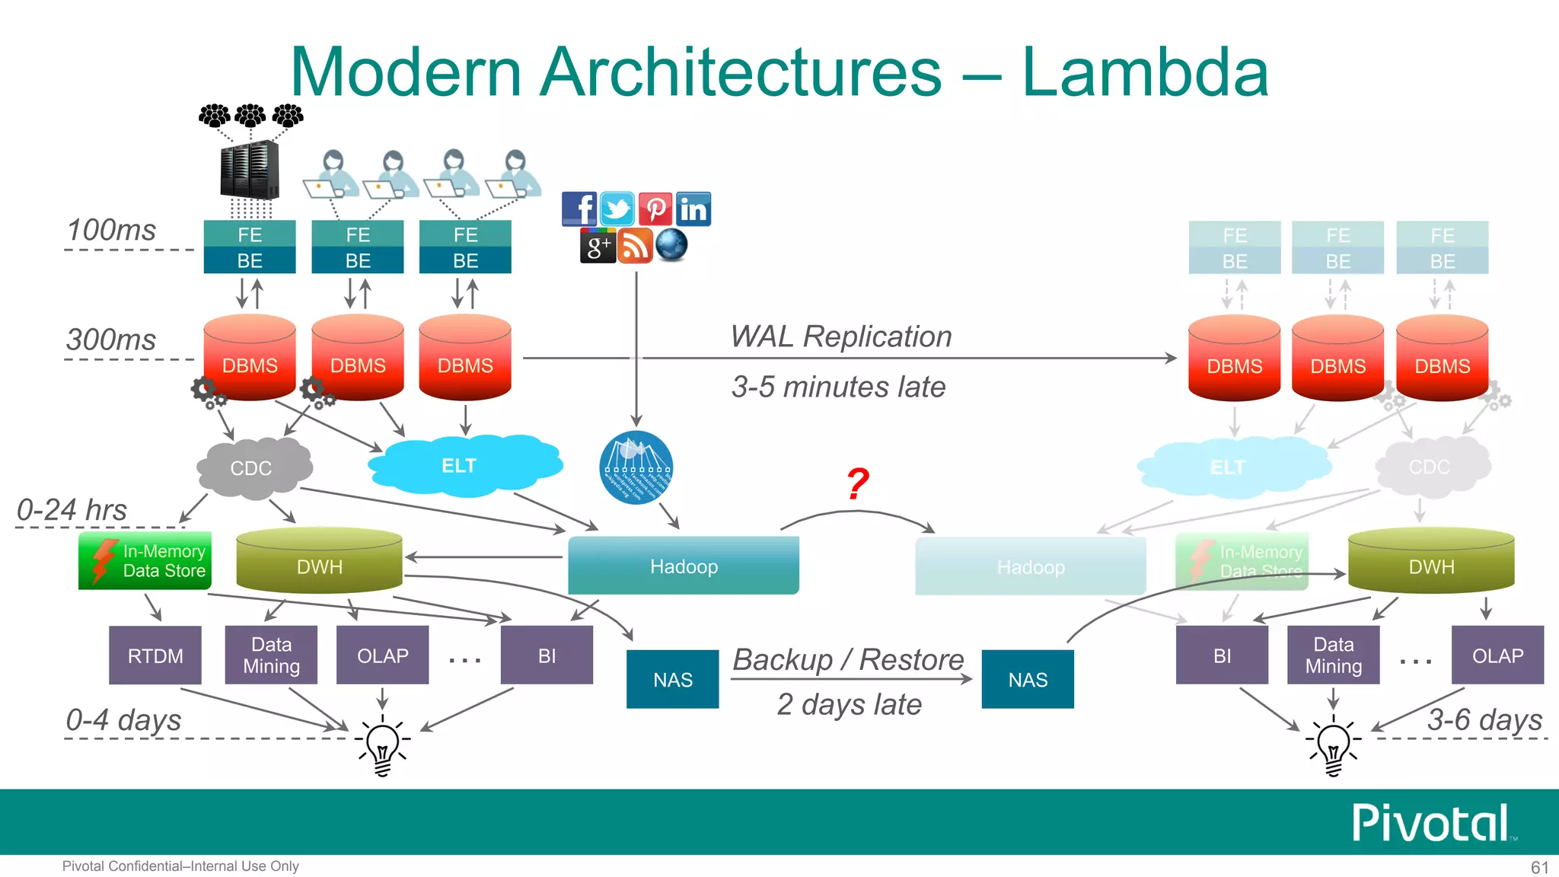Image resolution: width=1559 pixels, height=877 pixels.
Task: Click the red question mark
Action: point(858,484)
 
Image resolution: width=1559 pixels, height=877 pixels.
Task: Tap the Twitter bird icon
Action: point(617,209)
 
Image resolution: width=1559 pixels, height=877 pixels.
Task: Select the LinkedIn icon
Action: point(693,209)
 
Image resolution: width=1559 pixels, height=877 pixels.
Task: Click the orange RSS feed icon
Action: point(635,246)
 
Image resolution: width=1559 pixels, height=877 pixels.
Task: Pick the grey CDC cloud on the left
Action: point(252,467)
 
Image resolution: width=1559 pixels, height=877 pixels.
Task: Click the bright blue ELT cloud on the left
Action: point(461,465)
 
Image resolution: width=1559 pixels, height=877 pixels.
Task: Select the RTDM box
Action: point(155,655)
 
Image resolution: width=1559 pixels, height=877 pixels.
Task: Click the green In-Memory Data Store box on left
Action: point(145,561)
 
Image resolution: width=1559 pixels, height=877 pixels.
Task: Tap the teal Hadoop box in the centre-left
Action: point(683,566)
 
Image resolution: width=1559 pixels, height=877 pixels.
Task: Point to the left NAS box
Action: point(672,679)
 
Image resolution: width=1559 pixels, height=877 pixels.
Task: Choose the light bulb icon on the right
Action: point(1333,747)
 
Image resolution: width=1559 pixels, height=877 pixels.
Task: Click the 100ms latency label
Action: point(111,230)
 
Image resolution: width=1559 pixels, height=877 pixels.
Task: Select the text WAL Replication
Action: point(840,336)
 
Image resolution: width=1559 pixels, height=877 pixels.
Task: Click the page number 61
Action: point(1538,867)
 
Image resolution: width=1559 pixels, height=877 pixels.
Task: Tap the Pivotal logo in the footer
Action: point(1432,823)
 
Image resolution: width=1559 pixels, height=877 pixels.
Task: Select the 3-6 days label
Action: point(1484,719)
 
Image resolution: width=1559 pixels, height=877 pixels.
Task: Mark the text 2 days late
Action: point(849,704)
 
